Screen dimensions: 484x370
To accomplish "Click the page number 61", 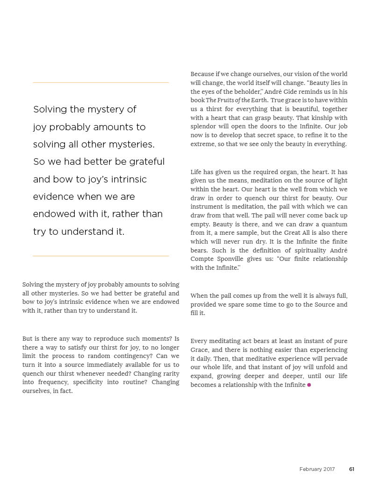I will coord(351,469).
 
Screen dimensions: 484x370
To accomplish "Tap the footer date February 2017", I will coord(317,469).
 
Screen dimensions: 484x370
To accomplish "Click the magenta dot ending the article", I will coord(309,385).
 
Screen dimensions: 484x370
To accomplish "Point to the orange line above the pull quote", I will coord(100,83).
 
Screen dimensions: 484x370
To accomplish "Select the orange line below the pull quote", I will coord(100,256).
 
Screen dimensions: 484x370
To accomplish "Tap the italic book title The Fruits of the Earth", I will coord(237,100).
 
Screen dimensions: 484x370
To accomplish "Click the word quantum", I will coord(335,224).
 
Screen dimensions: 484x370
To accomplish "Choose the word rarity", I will coord(168,373).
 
